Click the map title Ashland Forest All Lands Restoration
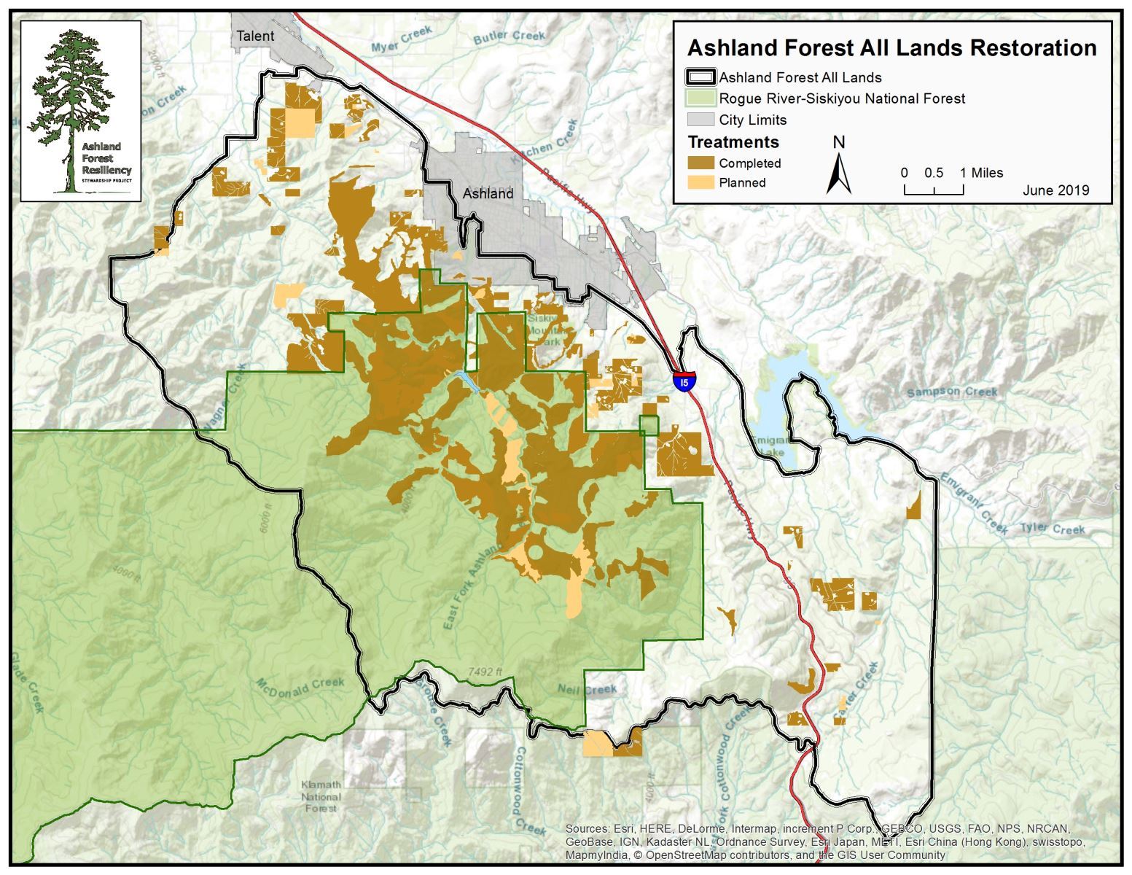pyautogui.click(x=891, y=48)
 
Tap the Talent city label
pyautogui.click(x=255, y=36)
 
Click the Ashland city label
pyautogui.click(x=488, y=194)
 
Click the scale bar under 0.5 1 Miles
pyautogui.click(x=934, y=190)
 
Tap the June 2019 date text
pyautogui.click(x=1055, y=190)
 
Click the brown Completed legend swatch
pyautogui.click(x=700, y=163)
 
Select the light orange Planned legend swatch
pyautogui.click(x=700, y=182)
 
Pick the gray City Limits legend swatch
pyautogui.click(x=700, y=120)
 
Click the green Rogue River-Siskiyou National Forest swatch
pyautogui.click(x=700, y=98)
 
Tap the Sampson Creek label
pyautogui.click(x=952, y=392)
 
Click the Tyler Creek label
pyautogui.click(x=1052, y=529)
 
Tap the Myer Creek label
pyautogui.click(x=402, y=39)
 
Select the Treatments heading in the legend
pyautogui.click(x=733, y=142)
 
